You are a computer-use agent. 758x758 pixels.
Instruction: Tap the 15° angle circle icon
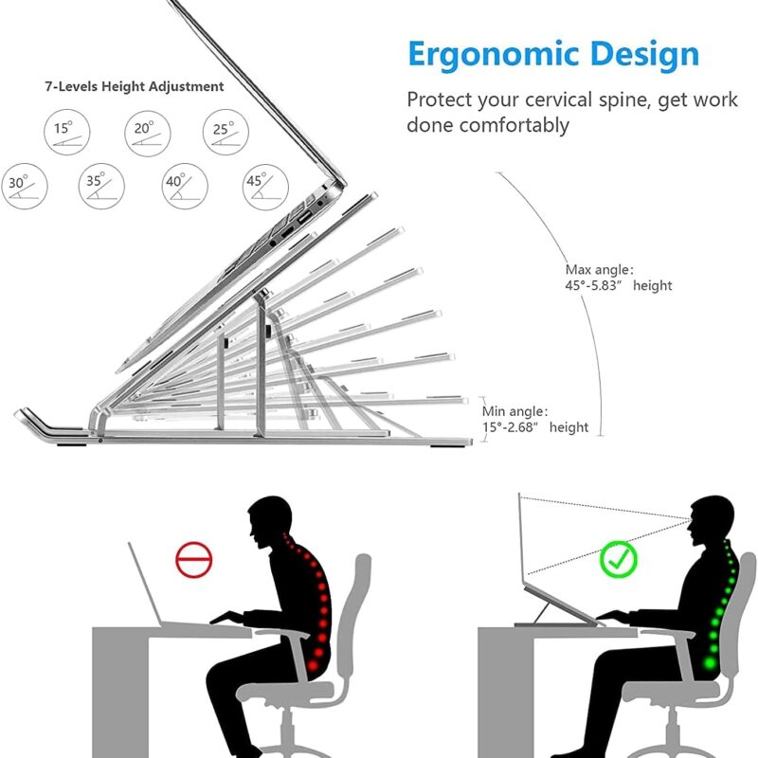(63, 132)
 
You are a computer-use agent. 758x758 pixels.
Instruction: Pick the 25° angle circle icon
(225, 132)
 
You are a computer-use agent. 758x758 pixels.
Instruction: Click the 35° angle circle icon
(103, 187)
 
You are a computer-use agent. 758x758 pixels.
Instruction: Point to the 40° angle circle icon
(184, 187)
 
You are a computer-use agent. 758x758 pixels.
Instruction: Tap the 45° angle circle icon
(264, 187)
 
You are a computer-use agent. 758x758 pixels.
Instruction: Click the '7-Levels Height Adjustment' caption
(135, 86)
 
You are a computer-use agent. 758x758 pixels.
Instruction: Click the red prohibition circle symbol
(194, 560)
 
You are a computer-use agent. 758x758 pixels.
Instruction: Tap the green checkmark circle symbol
(619, 560)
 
